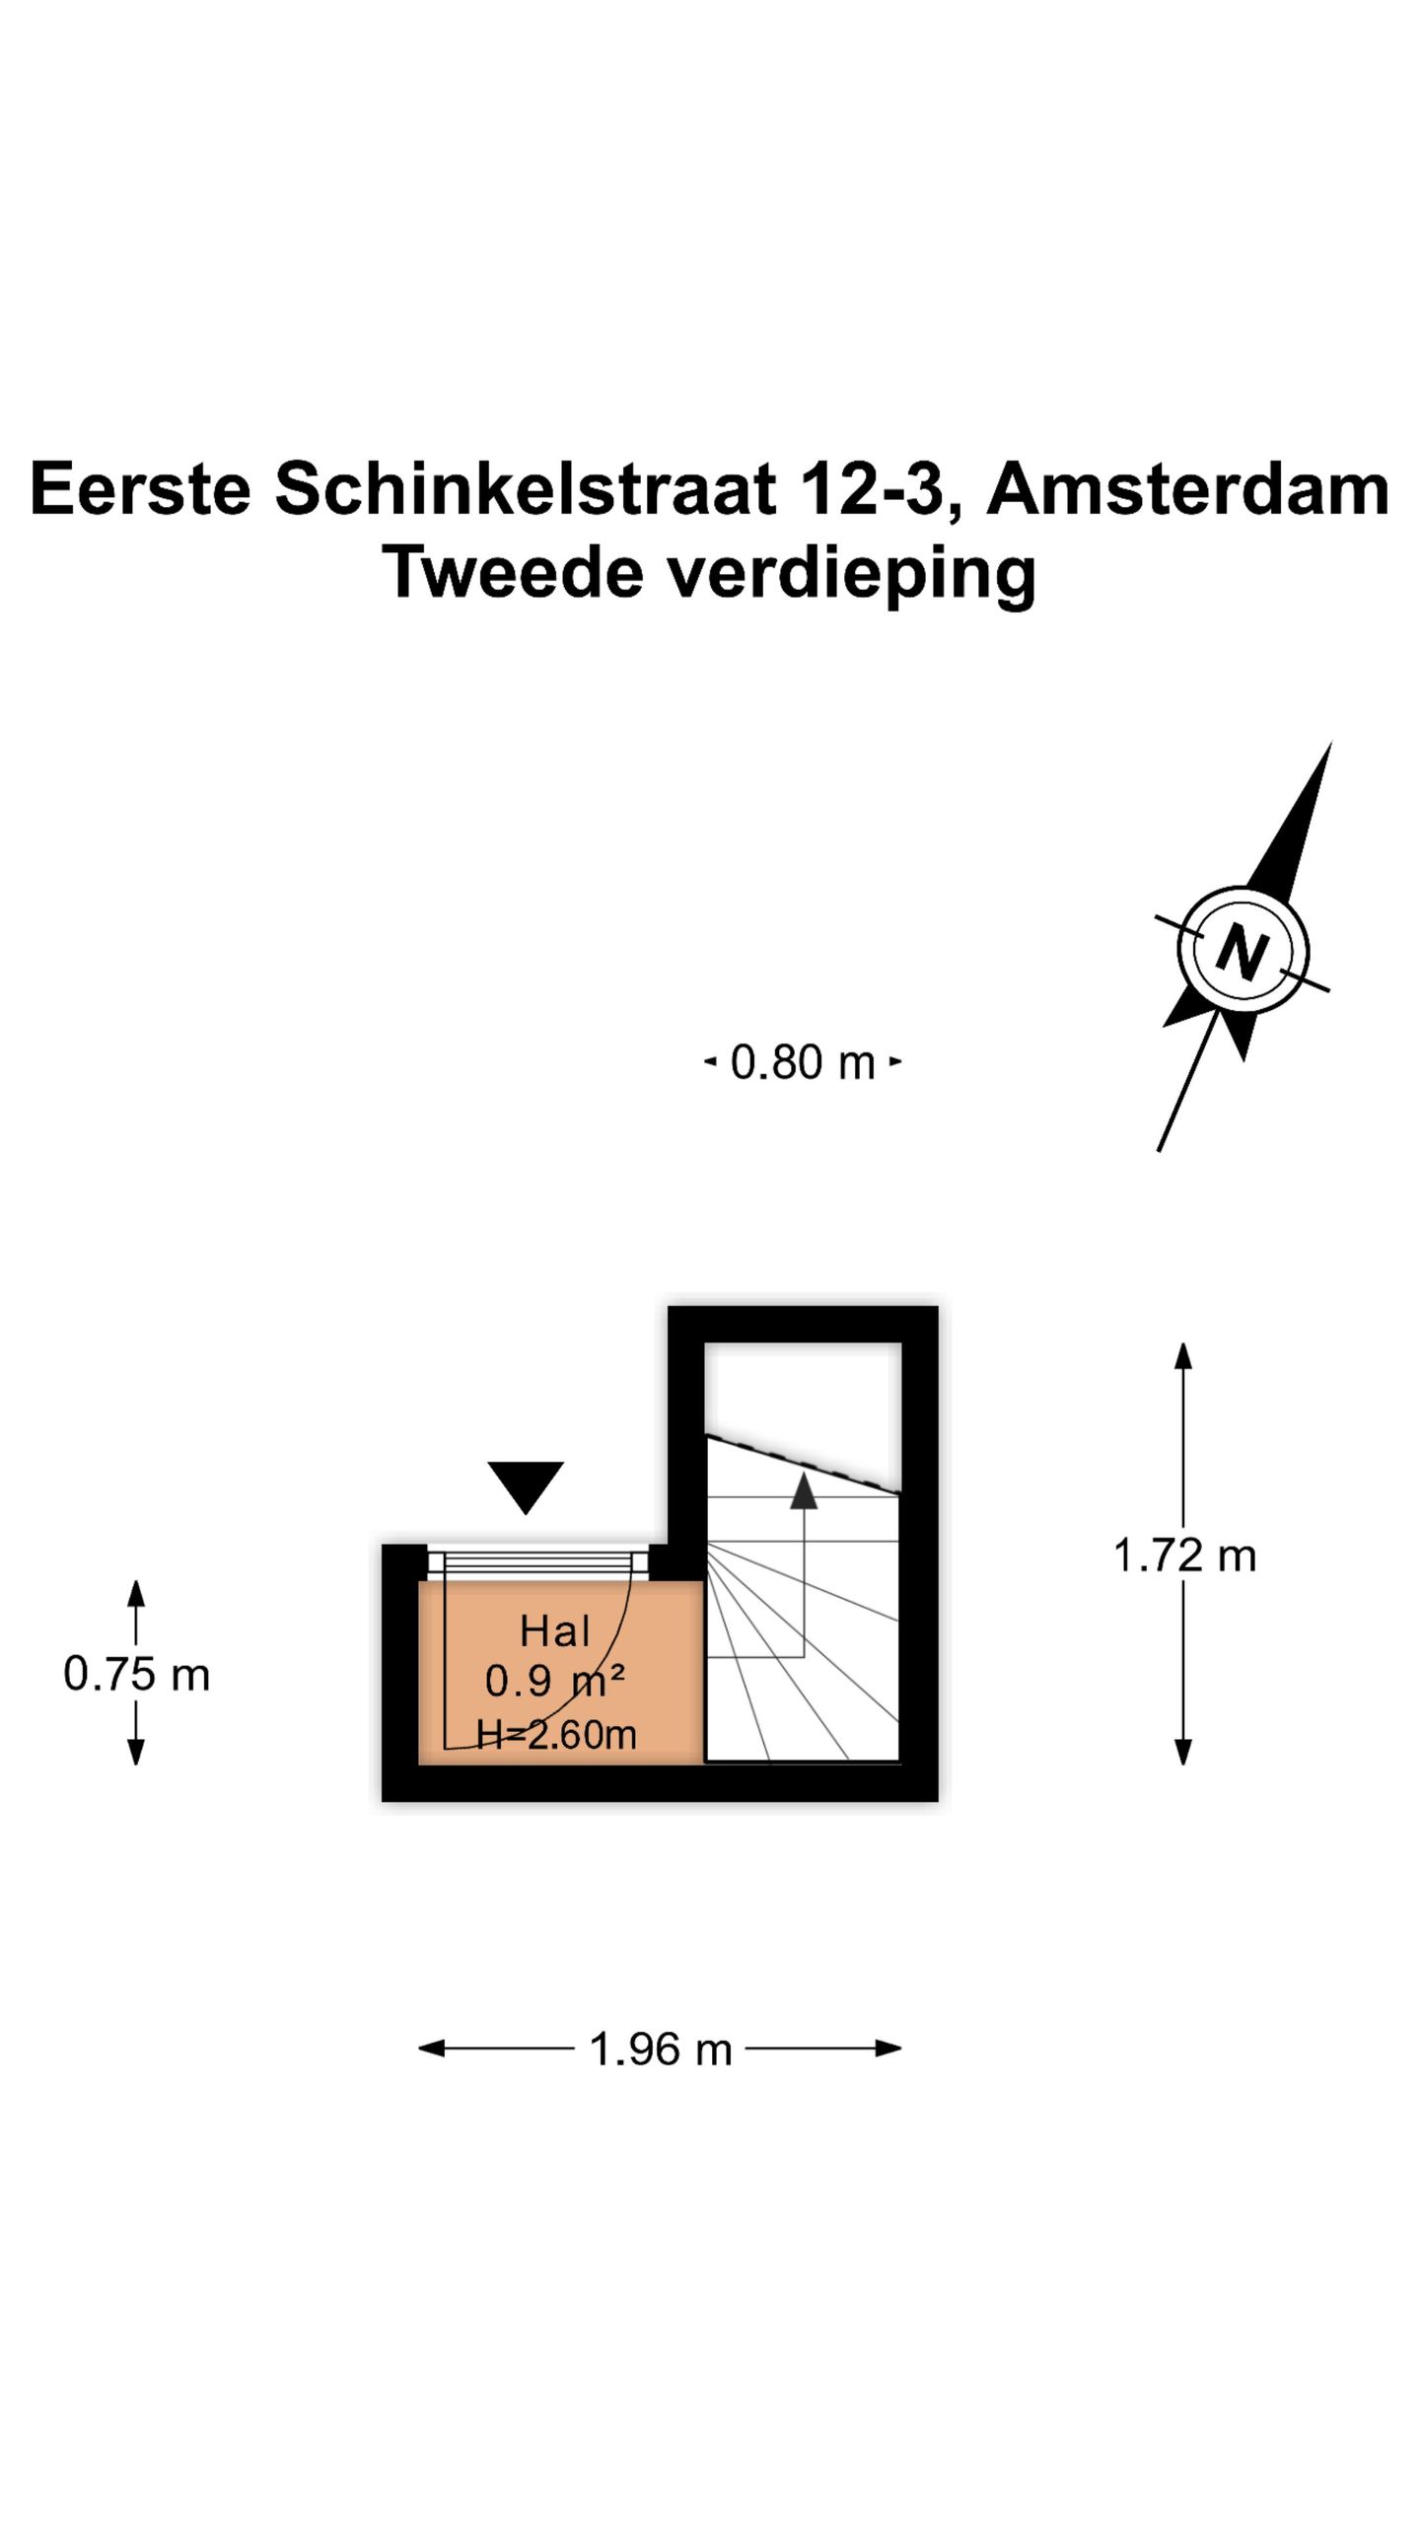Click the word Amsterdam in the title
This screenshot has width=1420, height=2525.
[1187, 489]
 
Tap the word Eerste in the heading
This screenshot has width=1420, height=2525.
[141, 489]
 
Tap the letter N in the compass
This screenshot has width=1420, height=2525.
[1242, 952]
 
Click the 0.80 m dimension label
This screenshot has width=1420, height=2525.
[803, 1063]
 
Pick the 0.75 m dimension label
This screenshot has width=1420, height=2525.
[137, 1675]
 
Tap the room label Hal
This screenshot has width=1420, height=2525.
[554, 1632]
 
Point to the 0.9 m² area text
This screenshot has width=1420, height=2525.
[554, 1682]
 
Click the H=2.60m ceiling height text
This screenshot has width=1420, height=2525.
[556, 1734]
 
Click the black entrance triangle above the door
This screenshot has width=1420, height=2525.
[526, 1484]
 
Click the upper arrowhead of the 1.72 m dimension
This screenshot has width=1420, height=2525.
[1183, 1355]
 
